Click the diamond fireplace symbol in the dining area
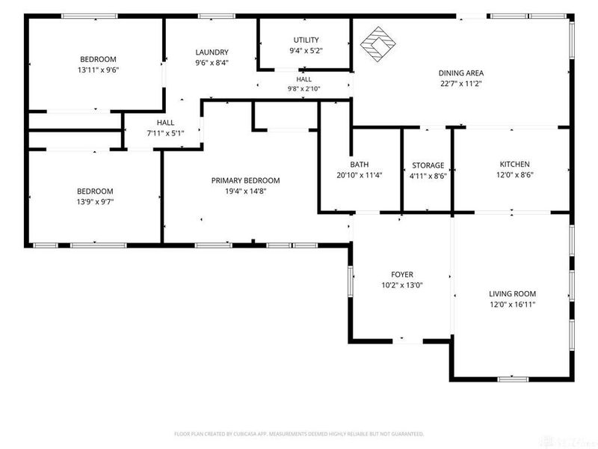378,43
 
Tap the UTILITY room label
306,40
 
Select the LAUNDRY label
212,52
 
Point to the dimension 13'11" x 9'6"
99,70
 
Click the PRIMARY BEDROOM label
246,180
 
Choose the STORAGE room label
428,165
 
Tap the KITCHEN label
514,164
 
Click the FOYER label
402,275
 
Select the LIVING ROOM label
512,293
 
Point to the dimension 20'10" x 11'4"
360,175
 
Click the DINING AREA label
461,73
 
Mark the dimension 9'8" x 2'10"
303,88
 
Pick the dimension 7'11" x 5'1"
165,133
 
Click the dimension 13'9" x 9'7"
96,202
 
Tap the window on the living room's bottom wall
514,379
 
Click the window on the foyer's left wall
350,281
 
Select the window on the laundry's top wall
217,16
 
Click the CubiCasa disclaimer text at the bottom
299,434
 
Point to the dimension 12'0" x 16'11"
513,305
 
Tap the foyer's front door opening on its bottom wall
407,340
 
